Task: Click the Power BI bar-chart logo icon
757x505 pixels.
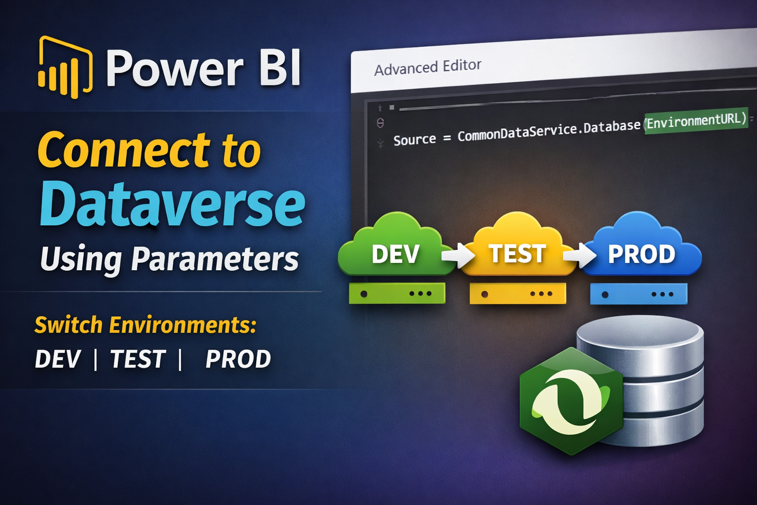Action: pyautogui.click(x=65, y=68)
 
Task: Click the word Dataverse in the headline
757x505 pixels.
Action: pyautogui.click(x=172, y=204)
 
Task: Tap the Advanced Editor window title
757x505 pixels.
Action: pyautogui.click(x=427, y=67)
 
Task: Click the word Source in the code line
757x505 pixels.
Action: pyautogui.click(x=414, y=140)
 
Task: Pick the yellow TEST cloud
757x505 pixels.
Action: pyautogui.click(x=517, y=247)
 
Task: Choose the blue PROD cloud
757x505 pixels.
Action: pyautogui.click(x=641, y=247)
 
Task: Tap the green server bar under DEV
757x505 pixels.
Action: pyautogui.click(x=397, y=293)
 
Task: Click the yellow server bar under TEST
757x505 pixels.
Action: pyautogui.click(x=517, y=293)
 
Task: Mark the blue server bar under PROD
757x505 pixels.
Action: pyautogui.click(x=639, y=293)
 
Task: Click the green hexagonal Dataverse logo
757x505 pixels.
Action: pyautogui.click(x=571, y=400)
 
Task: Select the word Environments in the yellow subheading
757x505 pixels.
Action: pyautogui.click(x=182, y=325)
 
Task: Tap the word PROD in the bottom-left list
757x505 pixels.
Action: pyautogui.click(x=238, y=360)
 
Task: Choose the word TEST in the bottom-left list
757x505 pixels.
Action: pyautogui.click(x=138, y=360)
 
